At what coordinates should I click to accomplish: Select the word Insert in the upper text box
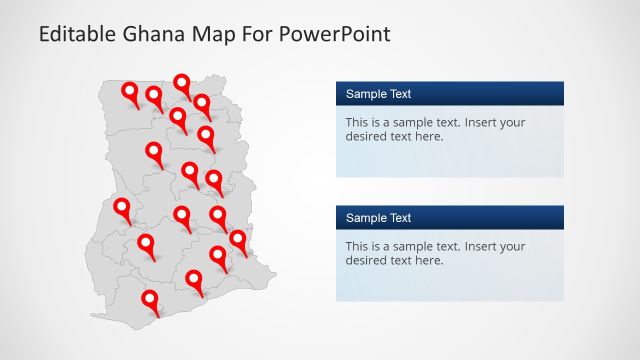coord(482,122)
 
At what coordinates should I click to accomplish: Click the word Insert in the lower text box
coord(482,246)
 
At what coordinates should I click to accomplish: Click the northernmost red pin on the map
coord(182,82)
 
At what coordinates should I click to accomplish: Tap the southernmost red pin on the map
coord(150,299)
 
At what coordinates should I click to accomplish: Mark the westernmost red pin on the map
coord(121,206)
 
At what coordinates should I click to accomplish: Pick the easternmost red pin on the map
coord(238,239)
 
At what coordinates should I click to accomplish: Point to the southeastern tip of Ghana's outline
coord(275,274)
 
